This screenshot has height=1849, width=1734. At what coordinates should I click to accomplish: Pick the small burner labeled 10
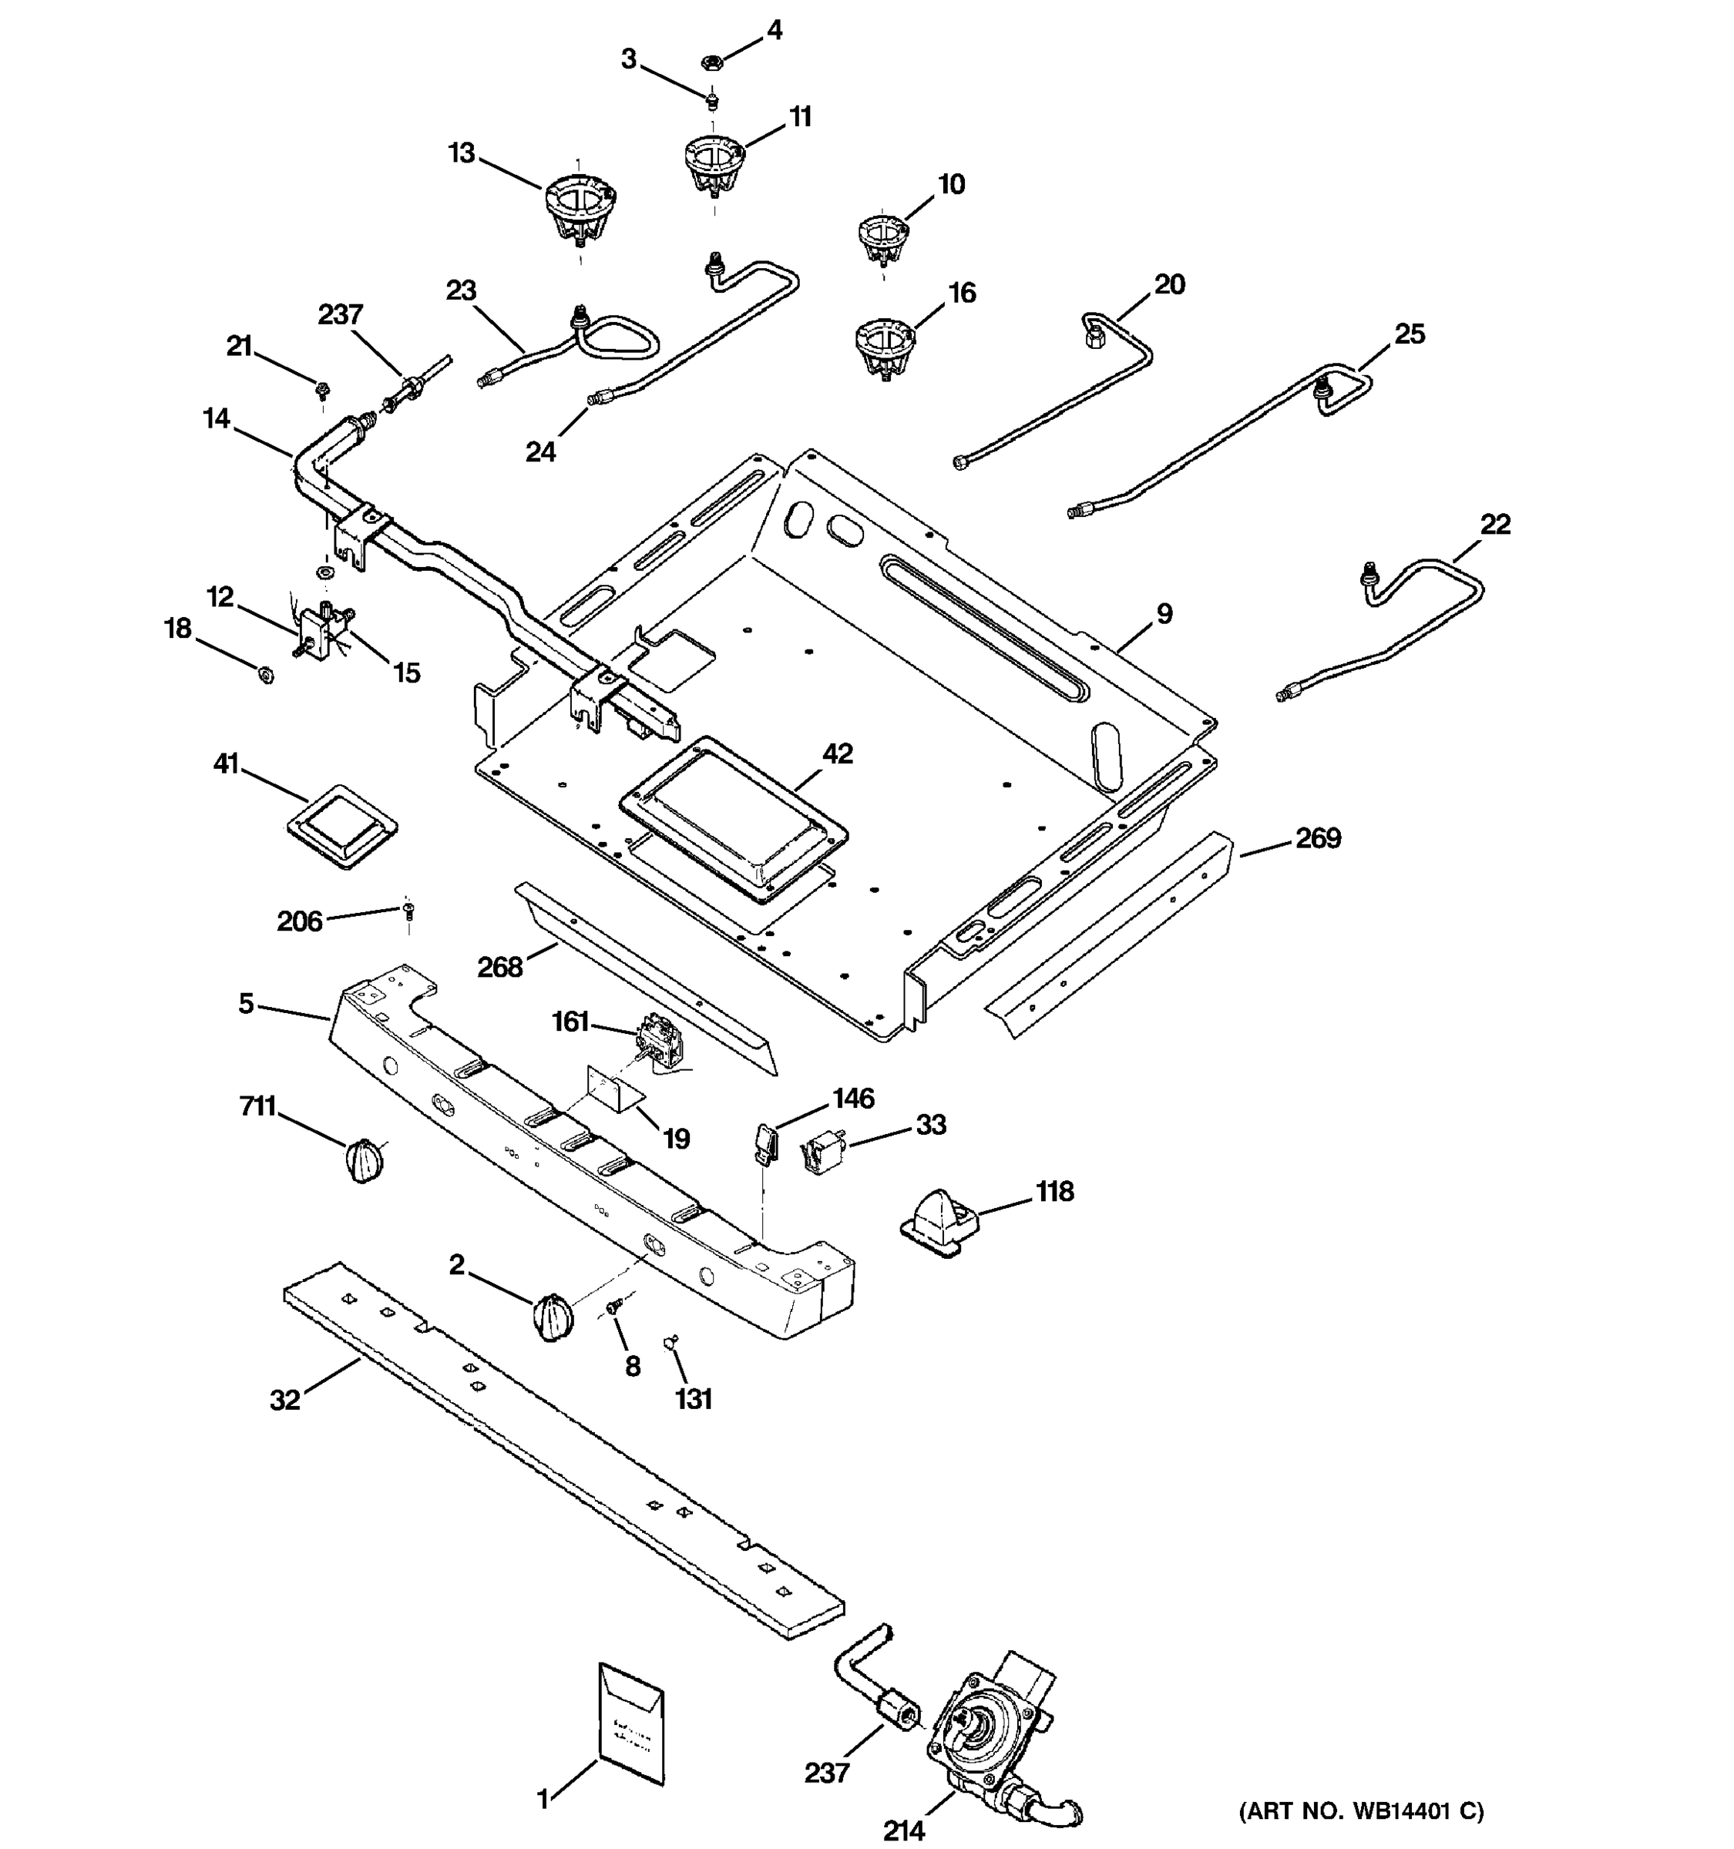pos(882,238)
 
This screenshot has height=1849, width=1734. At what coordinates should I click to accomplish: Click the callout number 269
pos(1318,838)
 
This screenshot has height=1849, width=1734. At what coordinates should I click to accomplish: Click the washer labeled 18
pos(265,674)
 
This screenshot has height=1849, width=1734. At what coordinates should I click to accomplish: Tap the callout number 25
pos(1410,333)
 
